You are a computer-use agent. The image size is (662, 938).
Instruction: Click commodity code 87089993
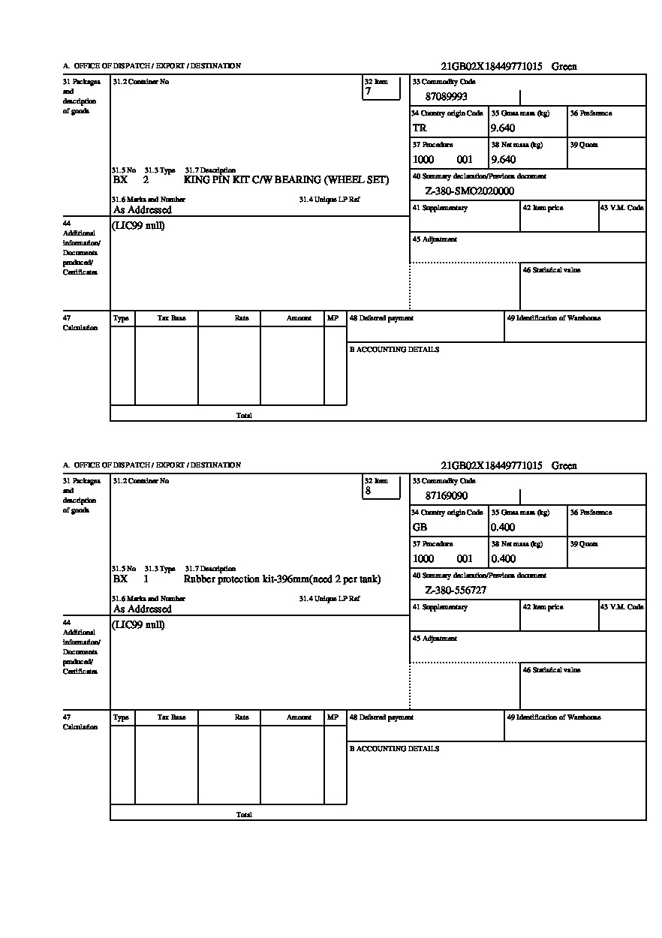446,97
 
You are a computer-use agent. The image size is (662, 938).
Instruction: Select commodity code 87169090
446,496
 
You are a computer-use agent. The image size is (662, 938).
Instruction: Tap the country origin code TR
419,128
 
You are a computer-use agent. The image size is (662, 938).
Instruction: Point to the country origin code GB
420,528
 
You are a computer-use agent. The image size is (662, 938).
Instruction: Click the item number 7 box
381,88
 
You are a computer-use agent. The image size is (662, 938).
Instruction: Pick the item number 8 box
381,487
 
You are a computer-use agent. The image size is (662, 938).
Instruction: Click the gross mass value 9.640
503,128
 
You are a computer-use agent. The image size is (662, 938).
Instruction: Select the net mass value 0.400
503,559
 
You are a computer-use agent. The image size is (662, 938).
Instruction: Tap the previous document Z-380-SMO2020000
469,191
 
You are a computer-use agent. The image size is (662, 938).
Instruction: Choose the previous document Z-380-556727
456,591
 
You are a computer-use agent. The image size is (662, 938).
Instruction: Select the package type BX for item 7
120,180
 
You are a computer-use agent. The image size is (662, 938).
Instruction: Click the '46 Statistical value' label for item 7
552,270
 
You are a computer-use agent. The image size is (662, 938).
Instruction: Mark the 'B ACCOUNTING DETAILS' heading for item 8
394,749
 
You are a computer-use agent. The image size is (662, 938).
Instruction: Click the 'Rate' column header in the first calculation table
242,318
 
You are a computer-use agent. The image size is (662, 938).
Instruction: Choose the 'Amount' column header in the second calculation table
299,717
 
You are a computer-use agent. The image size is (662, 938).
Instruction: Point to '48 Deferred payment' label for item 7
381,318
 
